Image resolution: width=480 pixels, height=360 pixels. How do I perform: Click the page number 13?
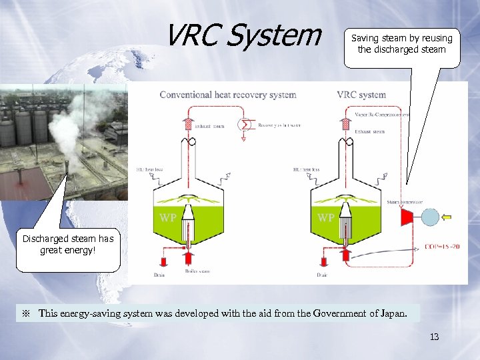tap(434, 337)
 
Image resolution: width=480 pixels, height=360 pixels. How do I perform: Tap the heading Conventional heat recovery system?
tap(228, 95)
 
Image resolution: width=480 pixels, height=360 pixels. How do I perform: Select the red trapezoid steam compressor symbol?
tap(405, 216)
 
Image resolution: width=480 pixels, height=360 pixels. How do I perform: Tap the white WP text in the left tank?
tap(168, 218)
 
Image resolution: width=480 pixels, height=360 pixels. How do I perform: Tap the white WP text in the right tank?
tap(325, 218)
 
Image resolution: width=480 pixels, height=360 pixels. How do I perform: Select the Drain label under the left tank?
tap(159, 275)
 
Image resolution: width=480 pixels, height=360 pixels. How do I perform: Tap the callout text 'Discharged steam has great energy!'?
tap(68, 244)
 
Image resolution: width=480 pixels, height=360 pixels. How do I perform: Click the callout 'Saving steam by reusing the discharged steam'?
tap(401, 44)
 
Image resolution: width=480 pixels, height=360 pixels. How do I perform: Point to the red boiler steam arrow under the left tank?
tap(188, 257)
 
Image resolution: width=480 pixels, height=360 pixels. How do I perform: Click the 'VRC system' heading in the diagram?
tap(361, 95)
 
